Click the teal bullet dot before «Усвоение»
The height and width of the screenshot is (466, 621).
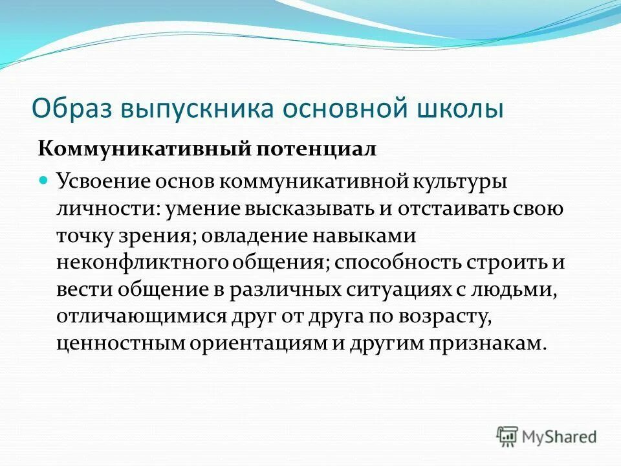point(43,181)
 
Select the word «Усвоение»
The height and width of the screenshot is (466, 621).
point(103,181)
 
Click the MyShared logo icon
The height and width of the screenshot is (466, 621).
point(508,436)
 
